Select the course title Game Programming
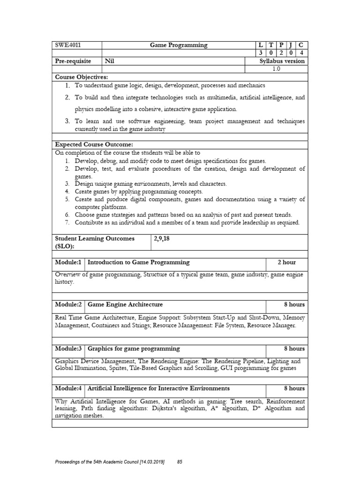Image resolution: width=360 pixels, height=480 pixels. point(178,45)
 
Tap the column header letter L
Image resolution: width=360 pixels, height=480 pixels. point(254,45)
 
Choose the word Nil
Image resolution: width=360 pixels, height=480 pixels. point(109,61)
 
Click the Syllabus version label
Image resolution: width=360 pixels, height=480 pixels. point(282,61)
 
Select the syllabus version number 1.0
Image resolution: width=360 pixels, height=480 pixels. point(277,69)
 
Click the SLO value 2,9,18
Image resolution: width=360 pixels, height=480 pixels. point(162,239)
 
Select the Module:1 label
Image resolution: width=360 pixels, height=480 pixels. point(68,262)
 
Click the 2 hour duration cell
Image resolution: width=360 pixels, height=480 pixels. point(286,262)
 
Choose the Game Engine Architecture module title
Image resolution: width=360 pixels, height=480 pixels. point(125,305)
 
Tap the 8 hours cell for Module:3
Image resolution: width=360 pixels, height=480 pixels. point(294,349)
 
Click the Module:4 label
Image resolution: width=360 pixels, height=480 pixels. point(68,389)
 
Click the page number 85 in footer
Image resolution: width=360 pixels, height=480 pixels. point(179,462)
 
